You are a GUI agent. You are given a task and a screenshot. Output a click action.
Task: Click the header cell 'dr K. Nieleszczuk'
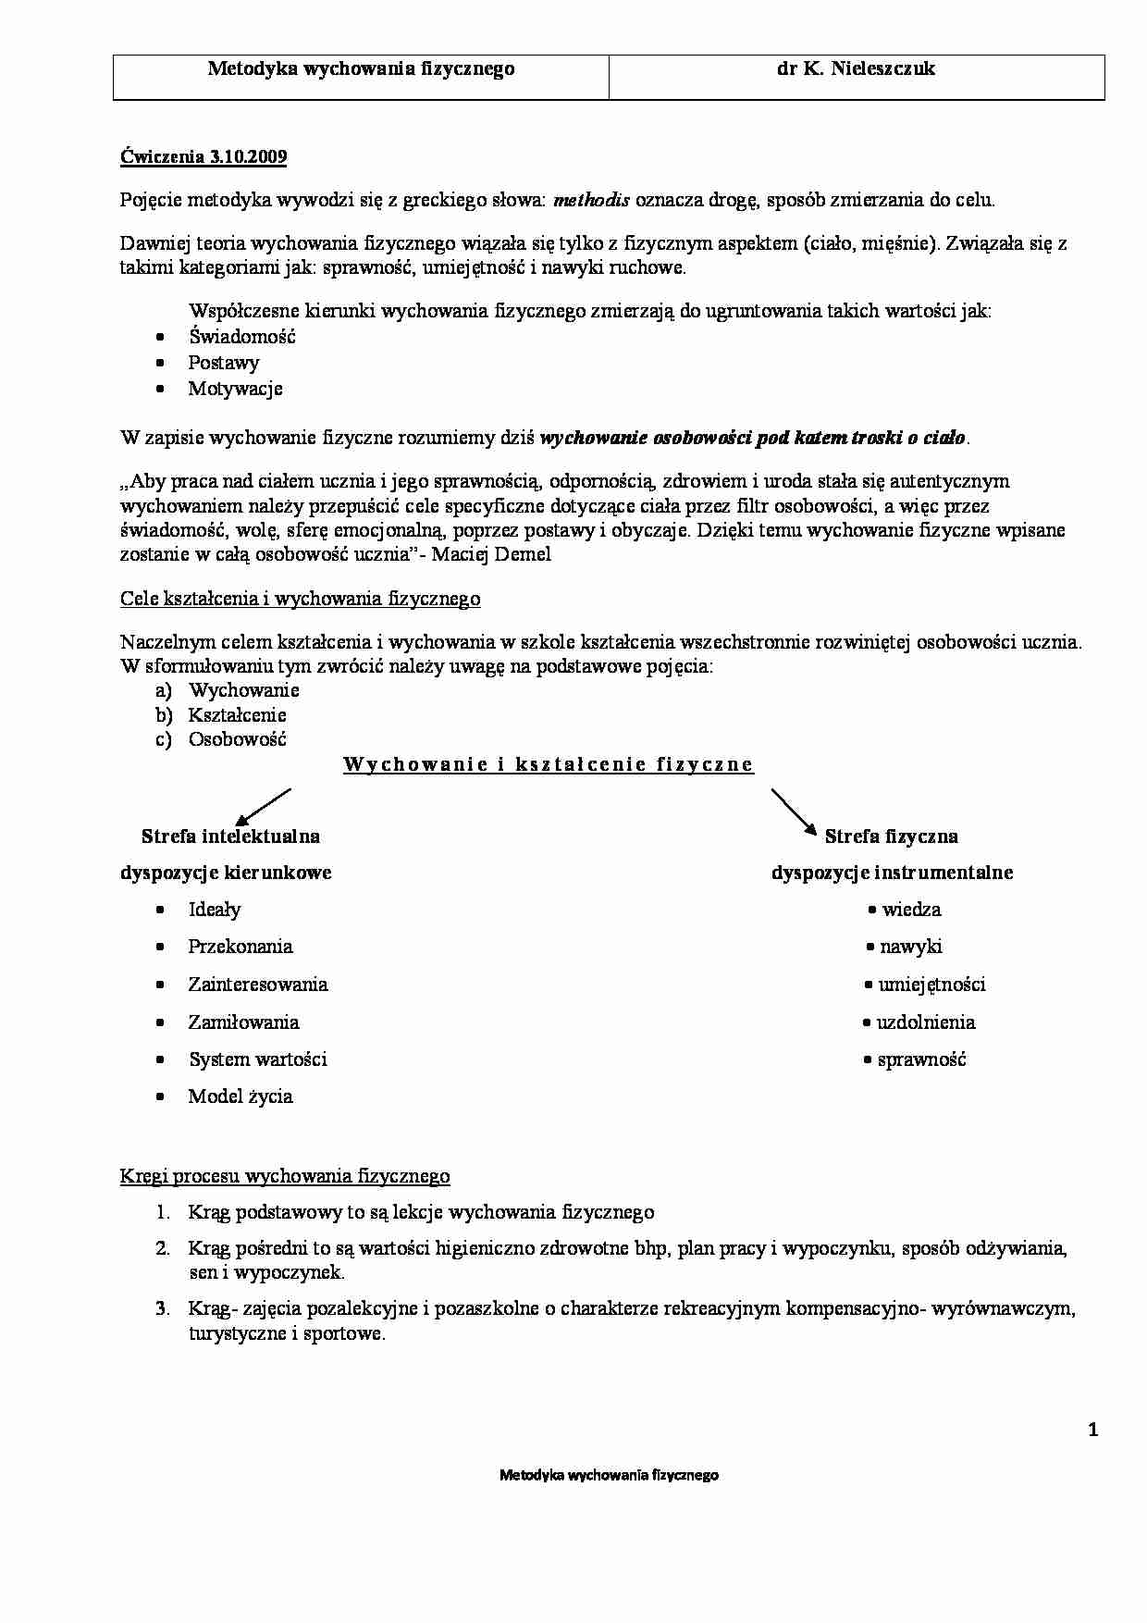(856, 69)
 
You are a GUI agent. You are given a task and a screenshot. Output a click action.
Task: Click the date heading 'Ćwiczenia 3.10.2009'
(203, 156)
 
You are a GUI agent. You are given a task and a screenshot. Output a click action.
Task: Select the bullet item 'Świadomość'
(241, 337)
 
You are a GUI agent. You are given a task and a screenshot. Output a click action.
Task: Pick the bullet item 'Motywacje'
(235, 389)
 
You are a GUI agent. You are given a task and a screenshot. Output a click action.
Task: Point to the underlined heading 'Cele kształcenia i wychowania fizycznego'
(301, 599)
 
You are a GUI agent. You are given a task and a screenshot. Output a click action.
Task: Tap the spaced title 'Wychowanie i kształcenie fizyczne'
(549, 765)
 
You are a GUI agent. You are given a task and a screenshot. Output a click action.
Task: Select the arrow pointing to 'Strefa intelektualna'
(263, 806)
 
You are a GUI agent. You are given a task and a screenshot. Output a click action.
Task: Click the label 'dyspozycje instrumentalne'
(892, 873)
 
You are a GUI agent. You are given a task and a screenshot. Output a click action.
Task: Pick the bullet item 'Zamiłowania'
(243, 1022)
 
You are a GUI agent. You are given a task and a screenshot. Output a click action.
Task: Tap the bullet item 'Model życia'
(240, 1096)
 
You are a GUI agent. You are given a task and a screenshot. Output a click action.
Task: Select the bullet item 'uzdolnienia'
(925, 1022)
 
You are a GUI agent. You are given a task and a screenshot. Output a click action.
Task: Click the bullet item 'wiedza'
(911, 910)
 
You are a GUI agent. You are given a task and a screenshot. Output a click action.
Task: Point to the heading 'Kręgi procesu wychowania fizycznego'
(285, 1176)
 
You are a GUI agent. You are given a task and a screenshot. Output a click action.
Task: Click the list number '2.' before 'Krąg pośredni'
(163, 1249)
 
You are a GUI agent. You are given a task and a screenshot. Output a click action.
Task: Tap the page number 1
(1093, 1431)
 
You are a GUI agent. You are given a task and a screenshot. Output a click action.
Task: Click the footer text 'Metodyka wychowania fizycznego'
(609, 1475)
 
